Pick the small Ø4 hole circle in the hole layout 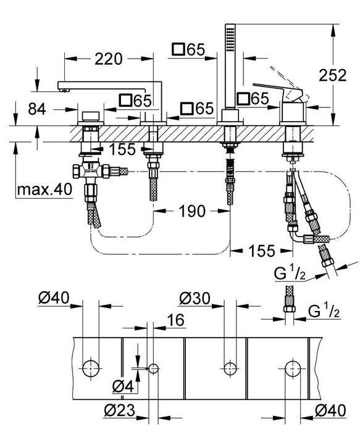[x=153, y=368]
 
